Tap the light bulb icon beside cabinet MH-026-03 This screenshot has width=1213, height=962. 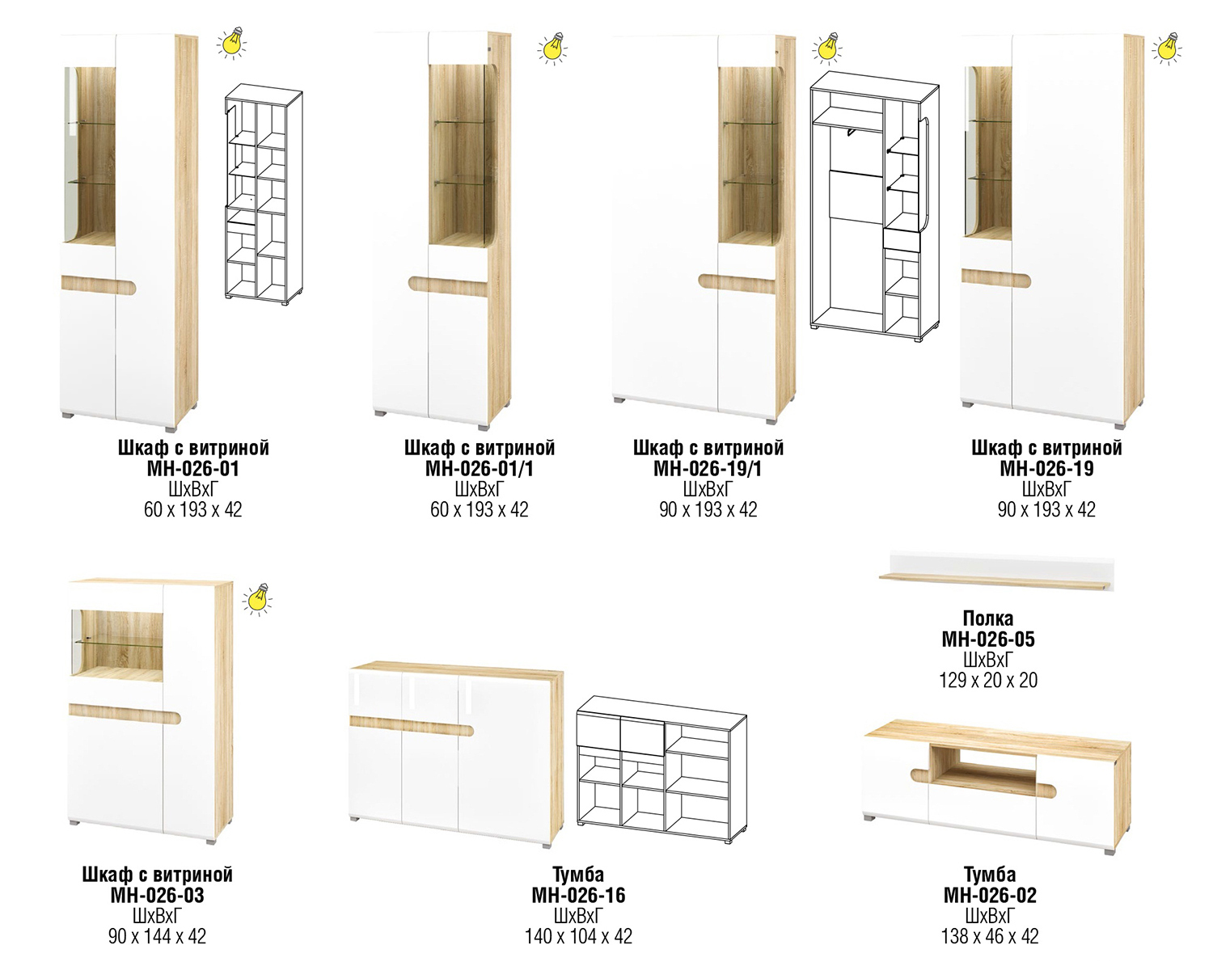[257, 599]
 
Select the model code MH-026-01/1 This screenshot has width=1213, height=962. [479, 469]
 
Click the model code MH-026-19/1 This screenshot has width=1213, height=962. [708, 469]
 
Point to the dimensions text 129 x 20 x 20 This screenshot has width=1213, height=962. [988, 680]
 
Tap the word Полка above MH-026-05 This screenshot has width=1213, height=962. [988, 618]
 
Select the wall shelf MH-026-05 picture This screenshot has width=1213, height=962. [996, 572]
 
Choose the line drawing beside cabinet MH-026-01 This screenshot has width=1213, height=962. [264, 195]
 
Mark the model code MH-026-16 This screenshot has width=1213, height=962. [578, 896]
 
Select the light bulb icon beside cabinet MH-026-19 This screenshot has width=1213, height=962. [1167, 49]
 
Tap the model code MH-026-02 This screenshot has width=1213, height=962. [990, 896]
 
